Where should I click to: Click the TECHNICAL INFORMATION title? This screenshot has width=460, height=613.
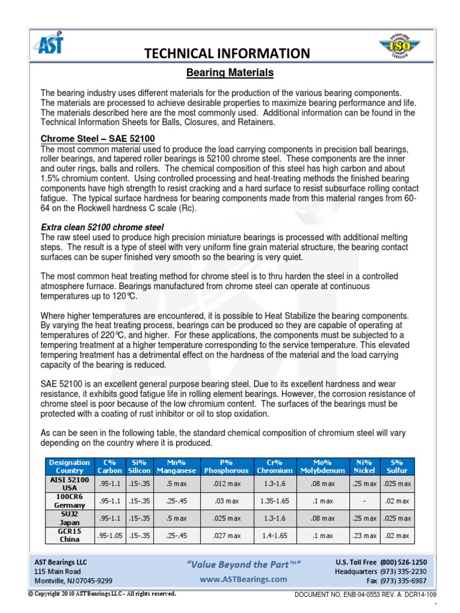pos(228,54)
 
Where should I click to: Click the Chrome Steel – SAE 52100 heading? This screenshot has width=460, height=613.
pos(97,139)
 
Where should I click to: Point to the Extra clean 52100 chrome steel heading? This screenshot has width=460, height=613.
pos(102,227)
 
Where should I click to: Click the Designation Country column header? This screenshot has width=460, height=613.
pos(69,466)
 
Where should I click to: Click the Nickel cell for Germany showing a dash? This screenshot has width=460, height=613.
pos(364,501)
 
